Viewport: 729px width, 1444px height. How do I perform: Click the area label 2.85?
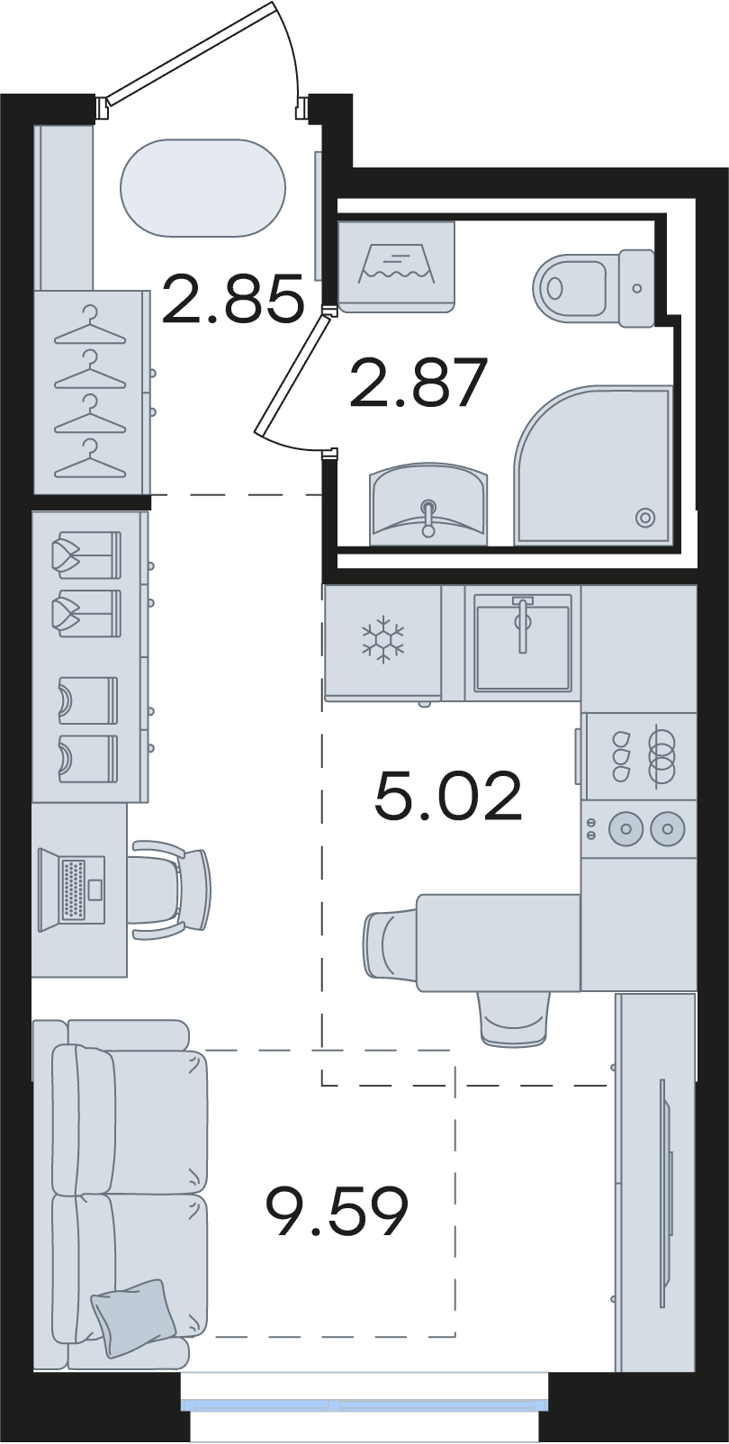233,298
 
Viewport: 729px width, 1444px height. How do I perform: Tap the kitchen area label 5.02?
448,796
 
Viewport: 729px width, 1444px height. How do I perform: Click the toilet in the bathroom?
594,287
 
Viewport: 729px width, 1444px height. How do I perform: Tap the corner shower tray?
593,465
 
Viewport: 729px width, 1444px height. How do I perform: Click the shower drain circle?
645,517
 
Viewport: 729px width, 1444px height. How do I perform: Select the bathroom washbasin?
428,503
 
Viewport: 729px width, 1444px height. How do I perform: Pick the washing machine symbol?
396,266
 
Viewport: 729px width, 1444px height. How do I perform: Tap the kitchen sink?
523,642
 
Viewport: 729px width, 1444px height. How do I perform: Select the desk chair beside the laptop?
170,890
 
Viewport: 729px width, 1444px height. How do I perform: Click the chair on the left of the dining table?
391,943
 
